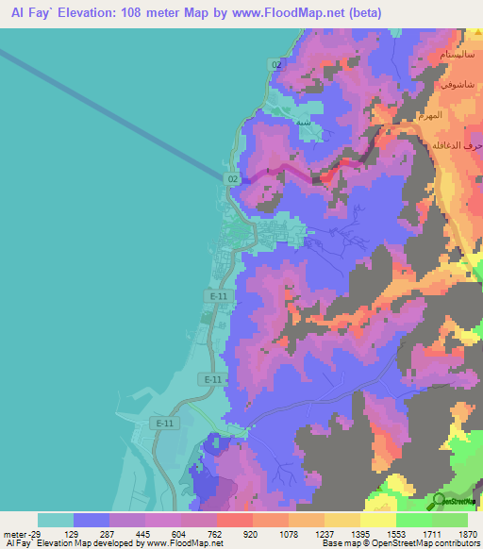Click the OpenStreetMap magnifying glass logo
pos(441,501)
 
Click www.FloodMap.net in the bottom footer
pos(183,543)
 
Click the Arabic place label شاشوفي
pos(458,84)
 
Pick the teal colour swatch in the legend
pos(55,520)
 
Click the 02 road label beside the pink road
pos(233,177)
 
